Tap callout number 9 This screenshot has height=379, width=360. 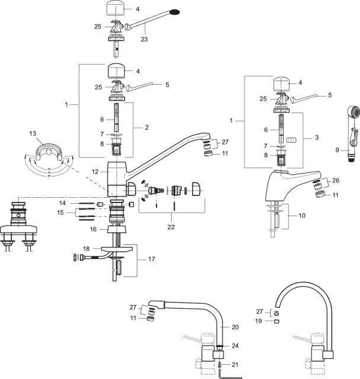point(338,150)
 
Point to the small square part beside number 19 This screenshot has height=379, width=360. point(277,322)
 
